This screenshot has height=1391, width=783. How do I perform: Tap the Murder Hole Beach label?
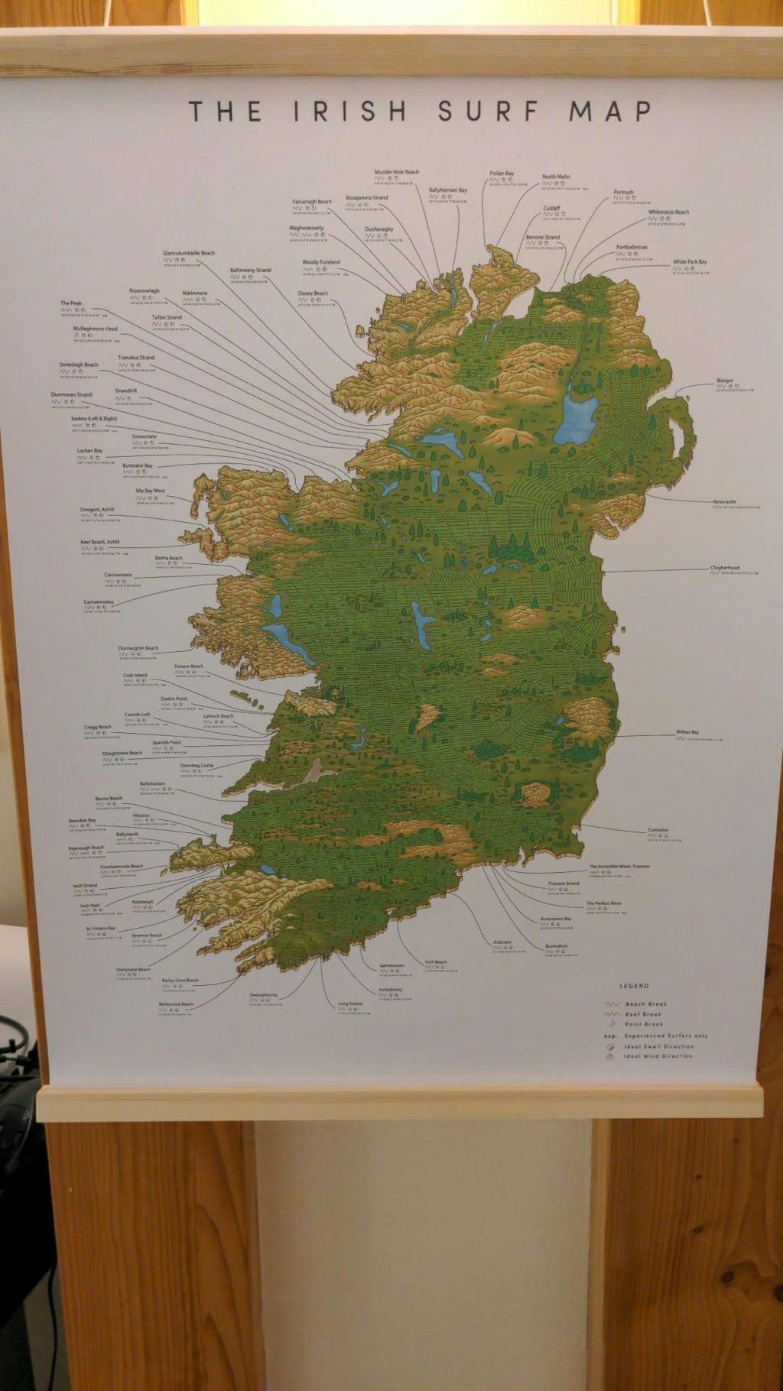click(396, 172)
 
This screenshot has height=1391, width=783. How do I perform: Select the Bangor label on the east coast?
click(725, 381)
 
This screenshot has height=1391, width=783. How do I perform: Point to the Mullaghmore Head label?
click(96, 329)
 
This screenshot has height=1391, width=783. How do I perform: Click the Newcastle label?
click(724, 502)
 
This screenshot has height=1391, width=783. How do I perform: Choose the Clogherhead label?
click(724, 568)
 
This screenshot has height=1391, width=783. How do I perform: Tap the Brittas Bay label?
click(687, 732)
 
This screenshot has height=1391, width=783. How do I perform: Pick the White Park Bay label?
click(690, 262)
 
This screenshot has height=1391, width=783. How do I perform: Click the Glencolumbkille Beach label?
click(188, 253)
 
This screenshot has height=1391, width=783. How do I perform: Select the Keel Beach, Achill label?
click(100, 542)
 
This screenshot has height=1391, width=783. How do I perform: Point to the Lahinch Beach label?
click(218, 716)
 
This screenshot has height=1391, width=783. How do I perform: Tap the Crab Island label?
click(135, 676)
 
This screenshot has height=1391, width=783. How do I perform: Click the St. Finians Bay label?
click(101, 929)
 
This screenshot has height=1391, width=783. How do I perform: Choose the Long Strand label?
click(350, 1004)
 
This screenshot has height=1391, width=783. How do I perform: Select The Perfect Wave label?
click(604, 903)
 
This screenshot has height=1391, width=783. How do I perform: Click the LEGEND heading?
click(634, 986)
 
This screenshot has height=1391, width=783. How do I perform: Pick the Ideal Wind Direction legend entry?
click(658, 1056)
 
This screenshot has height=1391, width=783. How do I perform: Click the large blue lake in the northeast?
click(576, 417)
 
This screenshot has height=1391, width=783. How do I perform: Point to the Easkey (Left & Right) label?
click(94, 419)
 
